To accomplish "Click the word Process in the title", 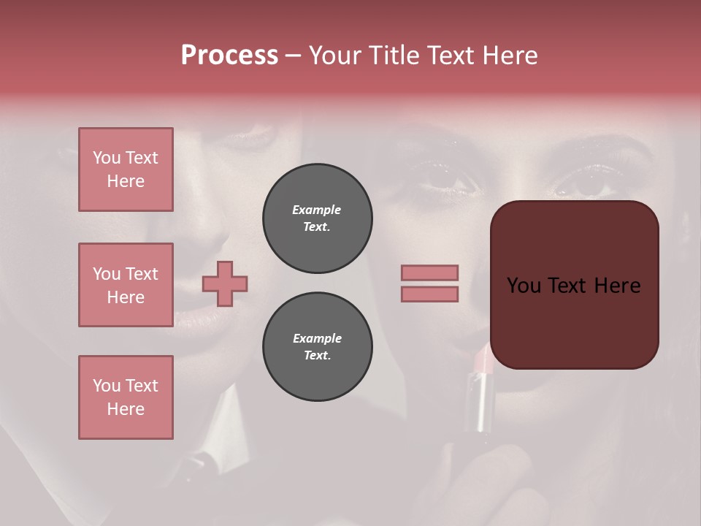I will pyautogui.click(x=229, y=56).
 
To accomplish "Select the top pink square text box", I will pyautogui.click(x=126, y=169).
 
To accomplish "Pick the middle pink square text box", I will pyautogui.click(x=126, y=285).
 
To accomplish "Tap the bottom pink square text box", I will pyautogui.click(x=126, y=397).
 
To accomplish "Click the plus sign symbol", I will pyautogui.click(x=225, y=283).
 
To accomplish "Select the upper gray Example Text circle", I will pyautogui.click(x=317, y=218).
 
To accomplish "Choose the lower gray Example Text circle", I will pyautogui.click(x=317, y=346).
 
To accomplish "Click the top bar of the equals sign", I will pyautogui.click(x=429, y=272).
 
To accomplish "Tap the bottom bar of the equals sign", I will pyautogui.click(x=429, y=294).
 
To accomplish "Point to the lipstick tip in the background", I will pyautogui.click(x=483, y=359).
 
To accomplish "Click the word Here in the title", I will pyautogui.click(x=510, y=56).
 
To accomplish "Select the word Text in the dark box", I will pyautogui.click(x=574, y=286).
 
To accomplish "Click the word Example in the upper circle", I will pyautogui.click(x=316, y=210).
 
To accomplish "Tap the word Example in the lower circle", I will pyautogui.click(x=317, y=338).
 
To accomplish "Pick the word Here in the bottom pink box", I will pyautogui.click(x=126, y=409).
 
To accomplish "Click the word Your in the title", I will pyautogui.click(x=334, y=56).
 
